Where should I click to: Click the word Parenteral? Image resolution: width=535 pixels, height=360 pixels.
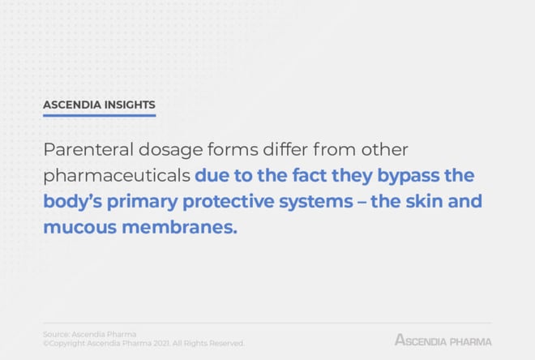(x=88, y=149)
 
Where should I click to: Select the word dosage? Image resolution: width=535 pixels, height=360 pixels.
(x=170, y=151)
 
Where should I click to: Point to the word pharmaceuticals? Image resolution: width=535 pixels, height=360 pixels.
(x=117, y=177)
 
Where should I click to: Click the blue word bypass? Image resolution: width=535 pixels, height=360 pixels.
(x=408, y=177)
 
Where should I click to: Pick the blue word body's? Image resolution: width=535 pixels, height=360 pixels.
(x=73, y=202)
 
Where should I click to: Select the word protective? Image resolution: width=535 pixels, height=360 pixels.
(x=229, y=202)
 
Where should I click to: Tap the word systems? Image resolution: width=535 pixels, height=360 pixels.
(x=316, y=202)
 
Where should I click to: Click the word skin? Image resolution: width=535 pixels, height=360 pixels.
(x=424, y=200)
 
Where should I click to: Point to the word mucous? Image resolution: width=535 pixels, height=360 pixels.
(x=79, y=228)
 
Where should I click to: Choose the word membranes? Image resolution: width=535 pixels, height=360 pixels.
(x=179, y=226)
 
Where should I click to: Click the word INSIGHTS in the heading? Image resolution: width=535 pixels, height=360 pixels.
(x=130, y=105)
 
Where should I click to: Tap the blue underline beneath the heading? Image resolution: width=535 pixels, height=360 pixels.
(x=99, y=115)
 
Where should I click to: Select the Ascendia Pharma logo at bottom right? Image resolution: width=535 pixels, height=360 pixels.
(x=443, y=340)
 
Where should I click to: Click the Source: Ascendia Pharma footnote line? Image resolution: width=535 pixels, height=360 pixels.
(x=89, y=334)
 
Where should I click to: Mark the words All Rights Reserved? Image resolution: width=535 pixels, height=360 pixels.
(x=208, y=343)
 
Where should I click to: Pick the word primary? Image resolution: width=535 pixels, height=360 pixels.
(x=143, y=202)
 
